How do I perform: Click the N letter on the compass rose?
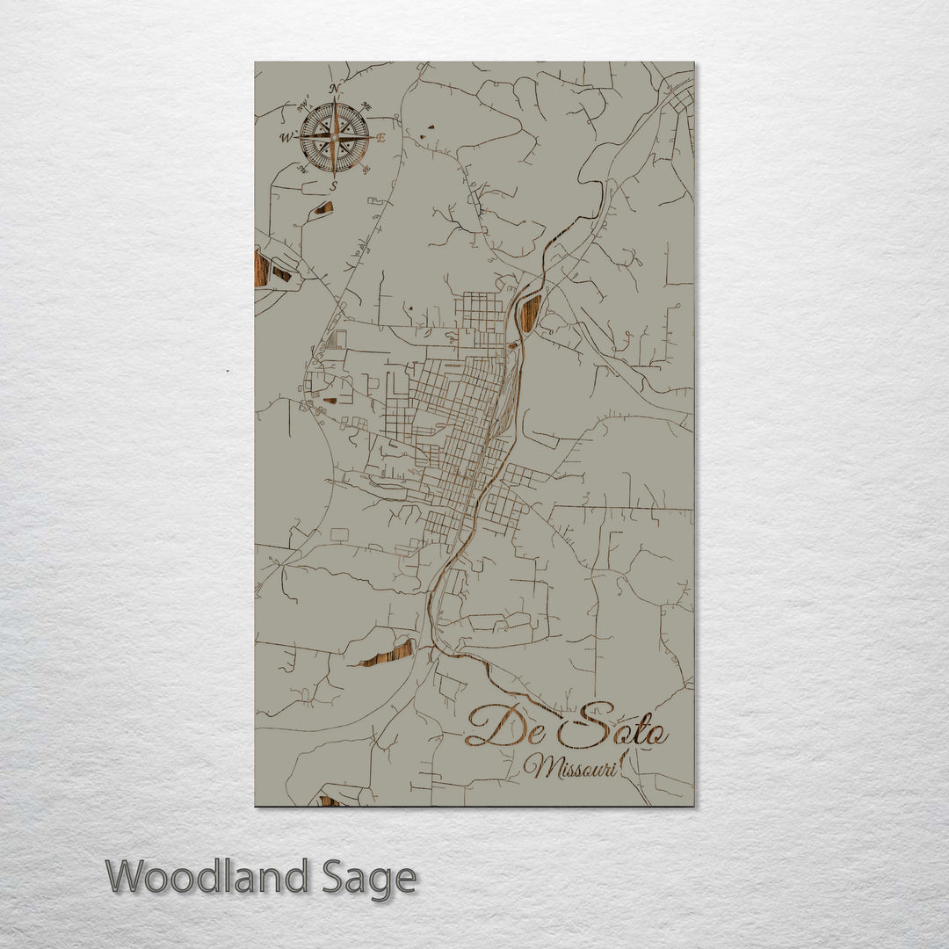coord(334,89)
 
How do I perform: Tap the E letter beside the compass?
coord(381,138)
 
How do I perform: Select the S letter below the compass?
coord(333,186)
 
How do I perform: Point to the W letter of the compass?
coord(286,138)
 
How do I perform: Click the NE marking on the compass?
coord(366,107)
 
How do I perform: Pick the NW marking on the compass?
coord(303,105)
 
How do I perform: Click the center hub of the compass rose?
coord(334,138)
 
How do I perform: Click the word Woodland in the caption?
coord(207,877)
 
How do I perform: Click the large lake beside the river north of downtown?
coord(530,313)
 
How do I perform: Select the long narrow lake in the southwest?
coord(388,654)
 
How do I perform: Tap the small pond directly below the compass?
coord(323,208)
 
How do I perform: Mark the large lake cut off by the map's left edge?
coord(261,268)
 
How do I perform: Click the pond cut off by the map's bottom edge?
coord(330,800)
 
